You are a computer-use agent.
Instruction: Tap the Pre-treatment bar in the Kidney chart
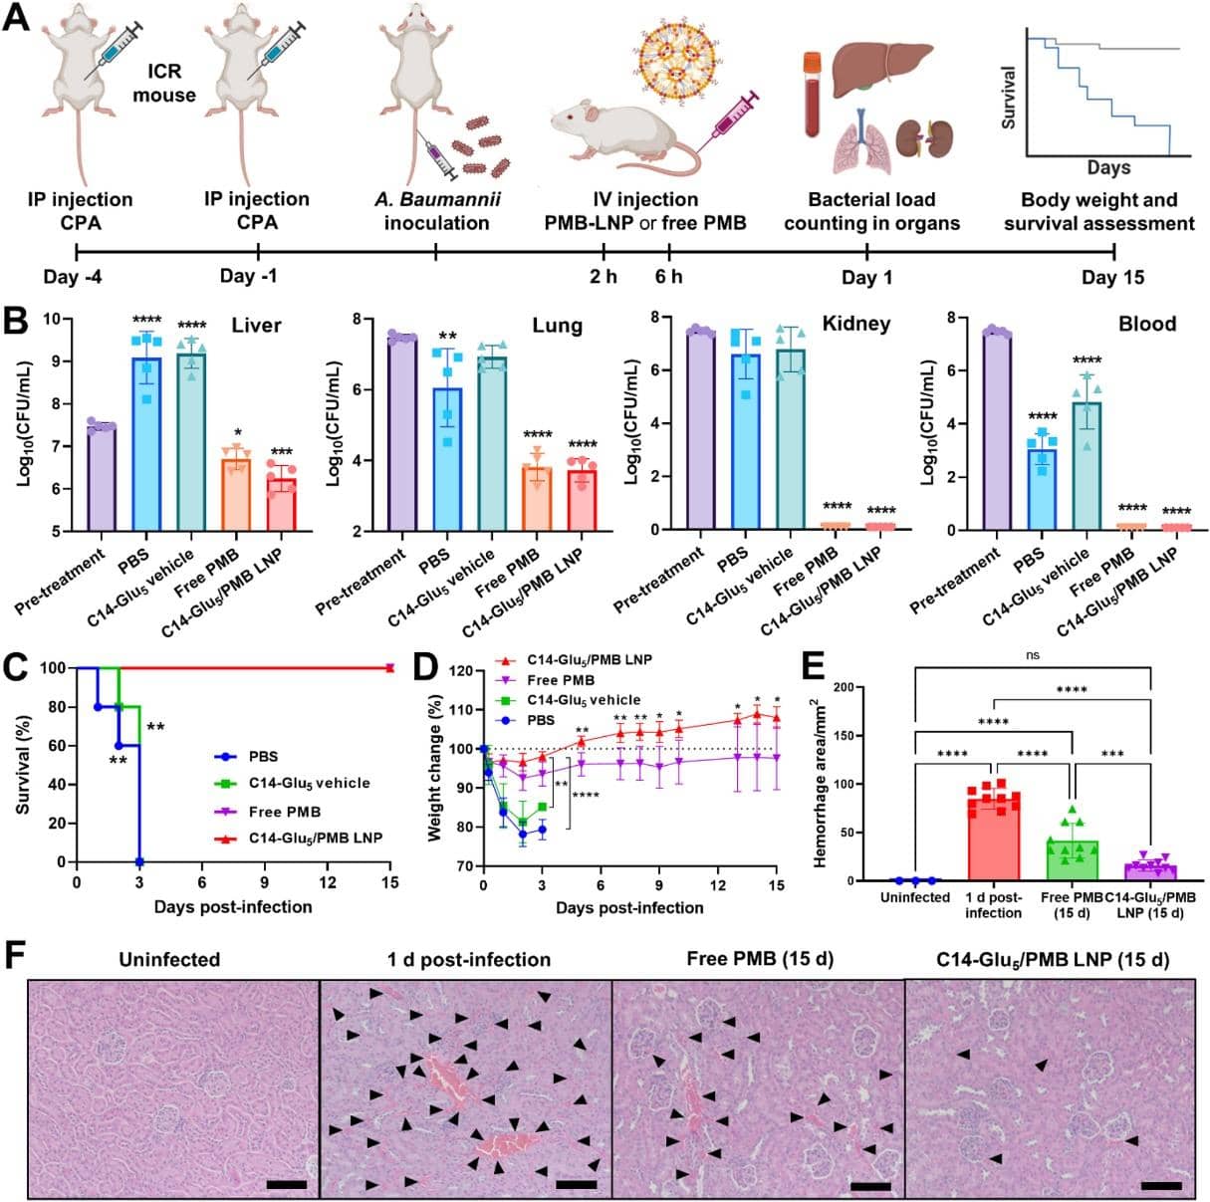click(x=700, y=428)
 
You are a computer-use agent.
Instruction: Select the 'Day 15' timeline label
click(x=1112, y=277)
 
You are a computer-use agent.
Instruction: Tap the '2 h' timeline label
click(x=604, y=277)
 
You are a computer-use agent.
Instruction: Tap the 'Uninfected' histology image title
click(x=169, y=960)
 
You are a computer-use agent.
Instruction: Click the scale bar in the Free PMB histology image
click(x=870, y=1186)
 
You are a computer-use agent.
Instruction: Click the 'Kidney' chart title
click(x=855, y=324)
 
